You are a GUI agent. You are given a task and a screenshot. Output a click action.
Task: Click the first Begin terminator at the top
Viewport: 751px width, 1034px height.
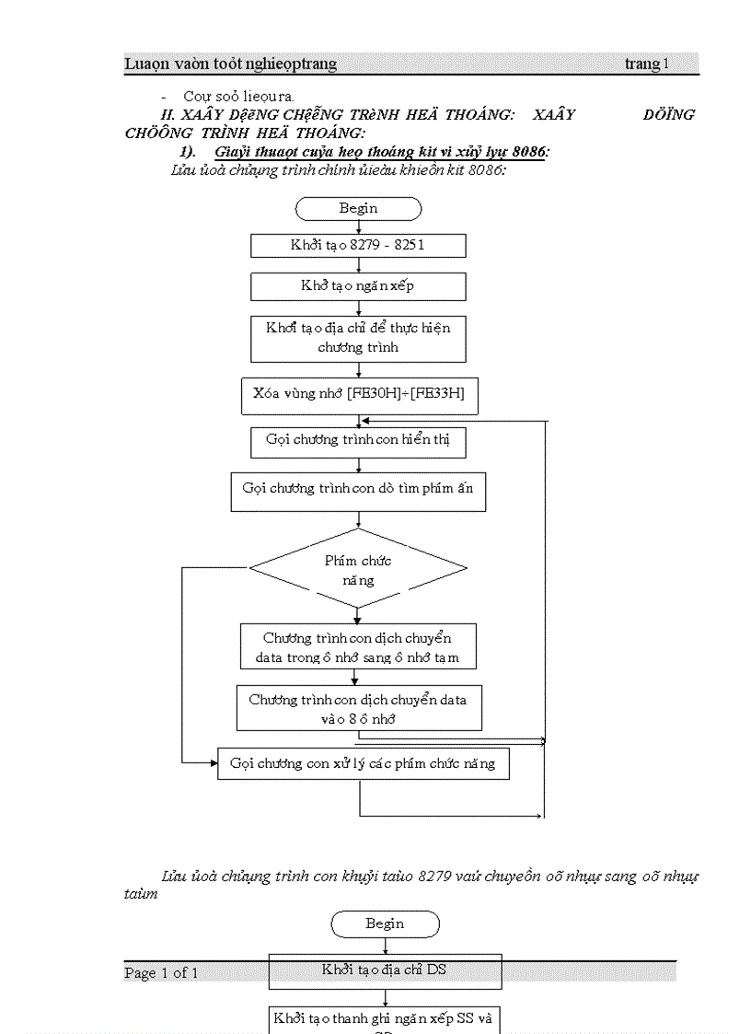pyautogui.click(x=358, y=209)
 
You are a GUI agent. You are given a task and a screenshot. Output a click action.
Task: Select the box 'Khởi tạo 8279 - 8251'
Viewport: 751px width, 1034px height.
pyautogui.click(x=358, y=246)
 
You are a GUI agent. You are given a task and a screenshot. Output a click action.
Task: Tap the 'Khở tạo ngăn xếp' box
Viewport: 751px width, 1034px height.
pyautogui.click(x=358, y=286)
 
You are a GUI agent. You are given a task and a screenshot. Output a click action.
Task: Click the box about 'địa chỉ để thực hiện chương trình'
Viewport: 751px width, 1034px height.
pyautogui.click(x=358, y=339)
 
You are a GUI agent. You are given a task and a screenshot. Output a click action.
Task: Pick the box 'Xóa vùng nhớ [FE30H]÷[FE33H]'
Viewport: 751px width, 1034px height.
pyautogui.click(x=359, y=394)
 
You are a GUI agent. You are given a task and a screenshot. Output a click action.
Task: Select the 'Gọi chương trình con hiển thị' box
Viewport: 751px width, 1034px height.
pyautogui.click(x=358, y=441)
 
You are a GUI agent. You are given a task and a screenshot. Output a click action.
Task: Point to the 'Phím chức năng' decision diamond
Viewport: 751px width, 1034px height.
pyautogui.click(x=358, y=570)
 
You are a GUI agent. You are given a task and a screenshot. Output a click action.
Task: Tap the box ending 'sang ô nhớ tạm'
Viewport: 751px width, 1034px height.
pyautogui.click(x=358, y=648)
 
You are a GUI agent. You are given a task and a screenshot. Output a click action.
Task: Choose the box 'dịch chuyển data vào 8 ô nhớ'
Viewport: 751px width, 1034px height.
pyautogui.click(x=358, y=709)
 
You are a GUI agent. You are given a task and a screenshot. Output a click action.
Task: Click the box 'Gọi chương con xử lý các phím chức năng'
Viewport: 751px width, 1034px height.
pyautogui.click(x=363, y=764)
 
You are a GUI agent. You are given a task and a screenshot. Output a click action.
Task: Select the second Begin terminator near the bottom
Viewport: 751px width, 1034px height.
pyautogui.click(x=385, y=924)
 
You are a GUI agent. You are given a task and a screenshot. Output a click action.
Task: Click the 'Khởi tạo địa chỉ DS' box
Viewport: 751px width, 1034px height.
pyautogui.click(x=385, y=970)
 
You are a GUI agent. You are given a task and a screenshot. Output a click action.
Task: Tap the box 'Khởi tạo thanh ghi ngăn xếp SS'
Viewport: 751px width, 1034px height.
pyautogui.click(x=385, y=1019)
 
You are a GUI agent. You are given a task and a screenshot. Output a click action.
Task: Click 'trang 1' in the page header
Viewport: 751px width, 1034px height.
pyautogui.click(x=647, y=64)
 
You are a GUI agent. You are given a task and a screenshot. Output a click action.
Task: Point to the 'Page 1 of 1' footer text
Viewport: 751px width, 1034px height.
pyautogui.click(x=161, y=973)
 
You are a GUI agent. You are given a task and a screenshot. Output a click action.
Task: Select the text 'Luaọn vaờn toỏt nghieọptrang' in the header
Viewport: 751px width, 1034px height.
pyautogui.click(x=231, y=64)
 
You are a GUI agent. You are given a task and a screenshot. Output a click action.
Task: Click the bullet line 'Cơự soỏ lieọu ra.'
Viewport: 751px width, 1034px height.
pyautogui.click(x=238, y=96)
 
